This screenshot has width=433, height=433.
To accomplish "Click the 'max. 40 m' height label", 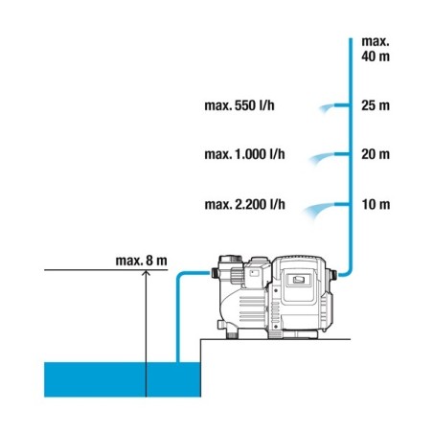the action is pos(376,49).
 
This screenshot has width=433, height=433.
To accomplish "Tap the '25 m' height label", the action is pos(376,105).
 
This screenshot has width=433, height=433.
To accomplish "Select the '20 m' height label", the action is pos(376,154).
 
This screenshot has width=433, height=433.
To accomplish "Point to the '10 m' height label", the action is pos(376,204).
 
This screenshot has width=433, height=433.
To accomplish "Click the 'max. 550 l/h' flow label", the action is pos(239,105).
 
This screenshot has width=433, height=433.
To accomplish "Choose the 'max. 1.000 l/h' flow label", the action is pos(244,154).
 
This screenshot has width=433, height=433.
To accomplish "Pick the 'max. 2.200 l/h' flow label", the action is pos(244,204).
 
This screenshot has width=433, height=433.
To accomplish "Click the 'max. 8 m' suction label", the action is pos(141,261).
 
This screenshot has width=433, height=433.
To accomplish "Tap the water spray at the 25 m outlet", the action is pos(327,108).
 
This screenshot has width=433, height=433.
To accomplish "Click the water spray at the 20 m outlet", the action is pos(322,158).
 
